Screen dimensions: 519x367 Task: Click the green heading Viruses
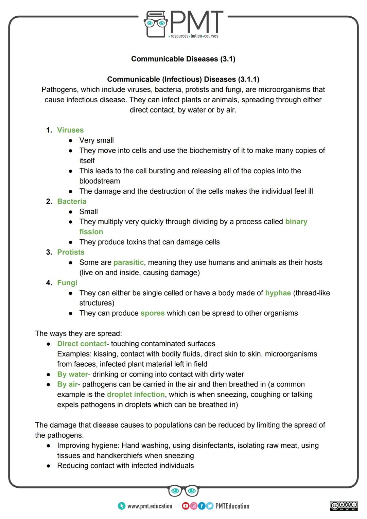pos(70,130)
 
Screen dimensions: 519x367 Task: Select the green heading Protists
pos(71,252)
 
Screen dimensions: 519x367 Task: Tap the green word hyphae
pos(278,293)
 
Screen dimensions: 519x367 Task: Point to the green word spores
pos(152,313)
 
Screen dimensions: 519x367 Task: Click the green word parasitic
pos(128,262)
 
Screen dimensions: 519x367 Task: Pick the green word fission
pos(91,232)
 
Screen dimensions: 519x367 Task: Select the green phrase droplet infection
pos(136,395)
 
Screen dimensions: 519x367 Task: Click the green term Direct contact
pos(82,344)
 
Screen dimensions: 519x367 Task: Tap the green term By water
pos(72,375)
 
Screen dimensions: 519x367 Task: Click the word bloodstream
pos(100,181)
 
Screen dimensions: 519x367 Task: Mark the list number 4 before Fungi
pos(49,283)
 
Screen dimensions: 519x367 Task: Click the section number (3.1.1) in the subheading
pos(248,80)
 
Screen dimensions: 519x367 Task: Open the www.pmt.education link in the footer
pos(150,506)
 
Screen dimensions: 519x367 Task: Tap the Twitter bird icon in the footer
pos(209,506)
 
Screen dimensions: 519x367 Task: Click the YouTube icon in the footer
pos(186,506)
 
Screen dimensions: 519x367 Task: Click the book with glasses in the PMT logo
pos(156,24)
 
